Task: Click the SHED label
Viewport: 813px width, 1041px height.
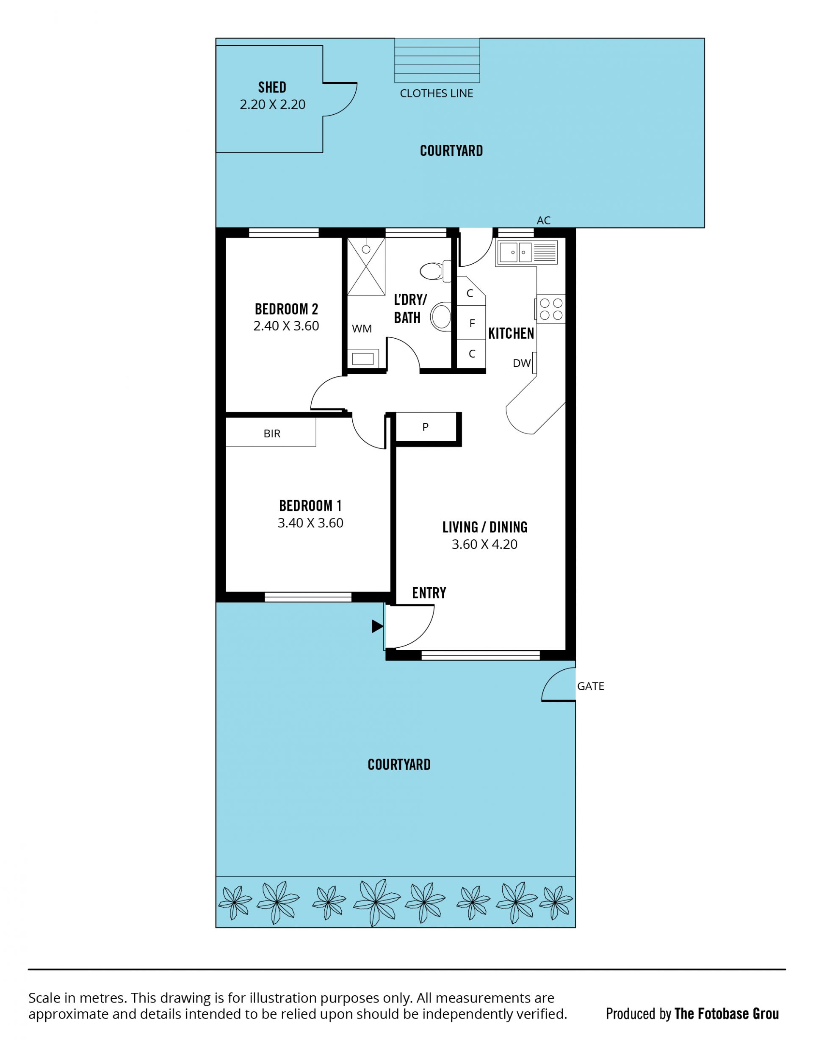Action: point(272,87)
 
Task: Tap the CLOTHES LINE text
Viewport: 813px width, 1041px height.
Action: point(436,94)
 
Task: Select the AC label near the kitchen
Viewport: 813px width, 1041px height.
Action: point(544,220)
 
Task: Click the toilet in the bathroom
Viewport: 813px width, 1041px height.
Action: point(435,271)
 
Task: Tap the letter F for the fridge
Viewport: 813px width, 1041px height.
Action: point(472,323)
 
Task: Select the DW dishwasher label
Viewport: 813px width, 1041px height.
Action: point(522,363)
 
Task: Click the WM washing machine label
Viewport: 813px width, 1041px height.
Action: point(362,329)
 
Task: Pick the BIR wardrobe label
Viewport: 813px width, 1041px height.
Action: point(272,434)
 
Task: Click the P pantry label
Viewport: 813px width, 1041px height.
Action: point(425,427)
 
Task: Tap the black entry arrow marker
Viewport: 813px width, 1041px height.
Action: point(378,626)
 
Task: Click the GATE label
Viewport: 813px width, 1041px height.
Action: point(591,686)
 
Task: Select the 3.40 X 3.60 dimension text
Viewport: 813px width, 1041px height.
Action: point(310,523)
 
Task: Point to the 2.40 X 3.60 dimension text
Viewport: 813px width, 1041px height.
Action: point(286,326)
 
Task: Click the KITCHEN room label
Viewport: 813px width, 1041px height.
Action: point(511,334)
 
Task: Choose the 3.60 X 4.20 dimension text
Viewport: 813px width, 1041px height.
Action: point(484,544)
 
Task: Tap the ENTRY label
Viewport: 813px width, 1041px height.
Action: point(429,593)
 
